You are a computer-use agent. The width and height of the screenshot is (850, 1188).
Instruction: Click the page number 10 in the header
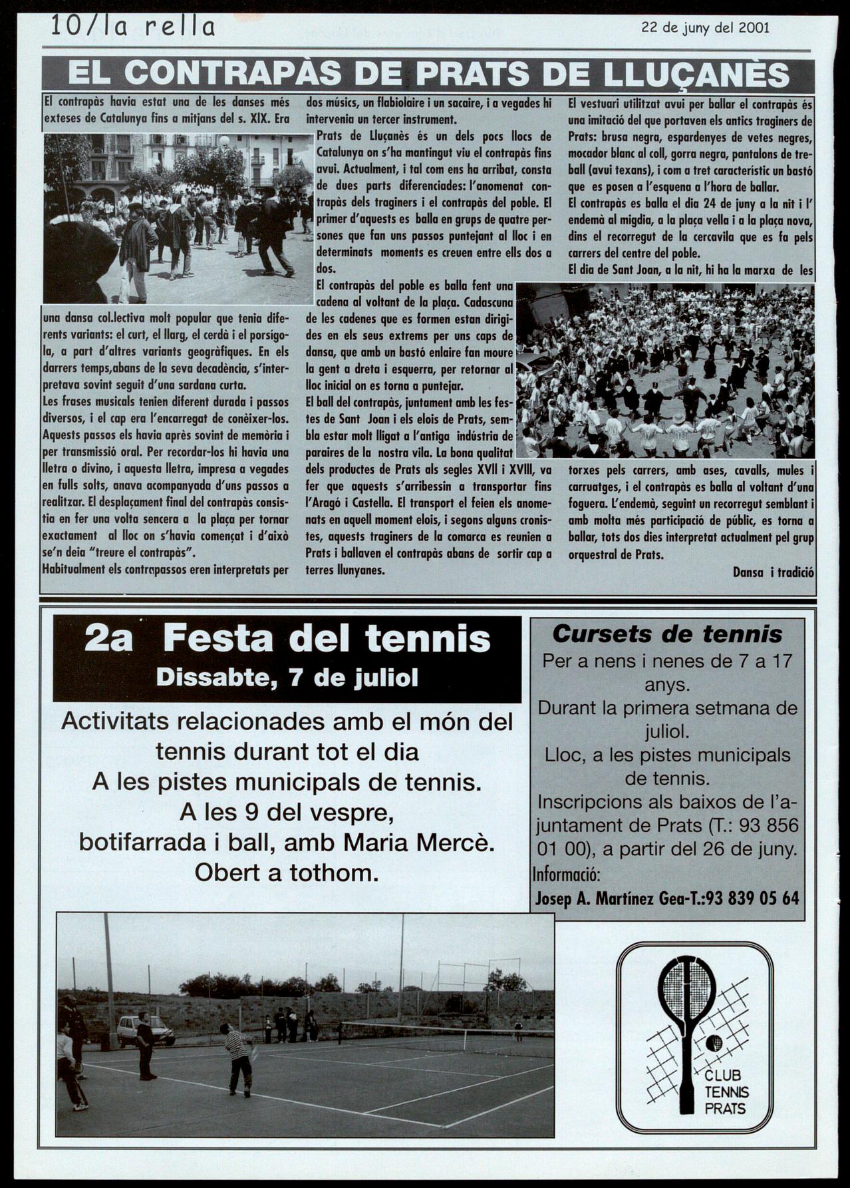65,27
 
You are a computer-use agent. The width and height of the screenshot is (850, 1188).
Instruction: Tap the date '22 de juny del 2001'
705,27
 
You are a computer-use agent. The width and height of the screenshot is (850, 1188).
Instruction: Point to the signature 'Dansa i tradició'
774,572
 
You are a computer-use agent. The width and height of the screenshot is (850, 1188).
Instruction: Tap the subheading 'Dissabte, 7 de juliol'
287,678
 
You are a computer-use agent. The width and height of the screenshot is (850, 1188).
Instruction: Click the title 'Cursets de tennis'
667,634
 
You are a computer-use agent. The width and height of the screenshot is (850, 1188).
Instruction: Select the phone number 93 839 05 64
753,898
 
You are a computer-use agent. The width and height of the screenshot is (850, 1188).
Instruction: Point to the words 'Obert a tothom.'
287,872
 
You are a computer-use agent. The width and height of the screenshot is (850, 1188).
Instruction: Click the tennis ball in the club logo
714,1043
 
